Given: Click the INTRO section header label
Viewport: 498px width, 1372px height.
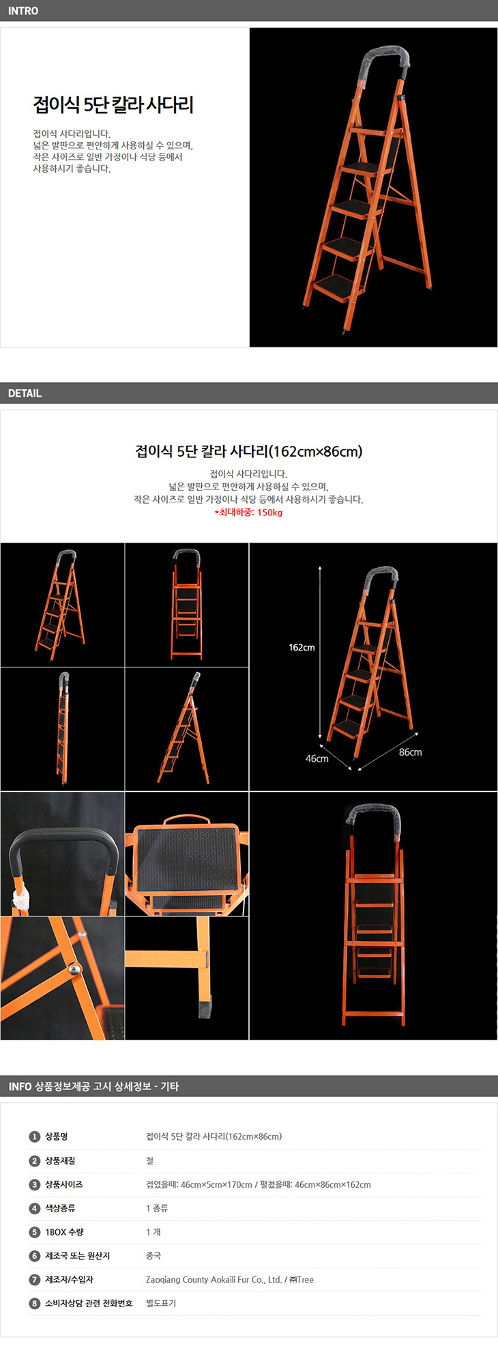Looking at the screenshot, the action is (x=23, y=11).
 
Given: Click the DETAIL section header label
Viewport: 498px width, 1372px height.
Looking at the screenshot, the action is (x=25, y=393).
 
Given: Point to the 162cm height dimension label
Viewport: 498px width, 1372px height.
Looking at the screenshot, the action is (x=302, y=647).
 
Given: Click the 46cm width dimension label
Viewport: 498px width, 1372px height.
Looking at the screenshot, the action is (x=317, y=758).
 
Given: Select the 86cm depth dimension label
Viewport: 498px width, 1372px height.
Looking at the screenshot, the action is (x=410, y=752).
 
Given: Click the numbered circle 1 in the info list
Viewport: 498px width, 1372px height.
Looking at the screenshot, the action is (x=35, y=1137).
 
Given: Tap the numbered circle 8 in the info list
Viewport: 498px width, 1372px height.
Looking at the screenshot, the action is (x=35, y=1303).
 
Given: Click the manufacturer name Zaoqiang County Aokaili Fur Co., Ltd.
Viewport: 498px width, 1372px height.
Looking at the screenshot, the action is (x=214, y=1280).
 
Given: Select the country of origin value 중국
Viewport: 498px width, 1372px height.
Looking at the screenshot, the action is (x=153, y=1255).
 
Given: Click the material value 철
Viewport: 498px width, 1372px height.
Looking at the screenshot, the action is (x=149, y=1160).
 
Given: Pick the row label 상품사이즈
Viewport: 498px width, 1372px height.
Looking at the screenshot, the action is (x=63, y=1184).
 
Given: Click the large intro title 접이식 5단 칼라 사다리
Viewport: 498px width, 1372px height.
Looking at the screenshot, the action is (x=113, y=104).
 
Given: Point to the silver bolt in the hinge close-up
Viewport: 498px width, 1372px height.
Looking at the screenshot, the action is (x=74, y=969).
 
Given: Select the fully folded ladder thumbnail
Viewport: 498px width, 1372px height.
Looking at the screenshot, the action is (x=63, y=728).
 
